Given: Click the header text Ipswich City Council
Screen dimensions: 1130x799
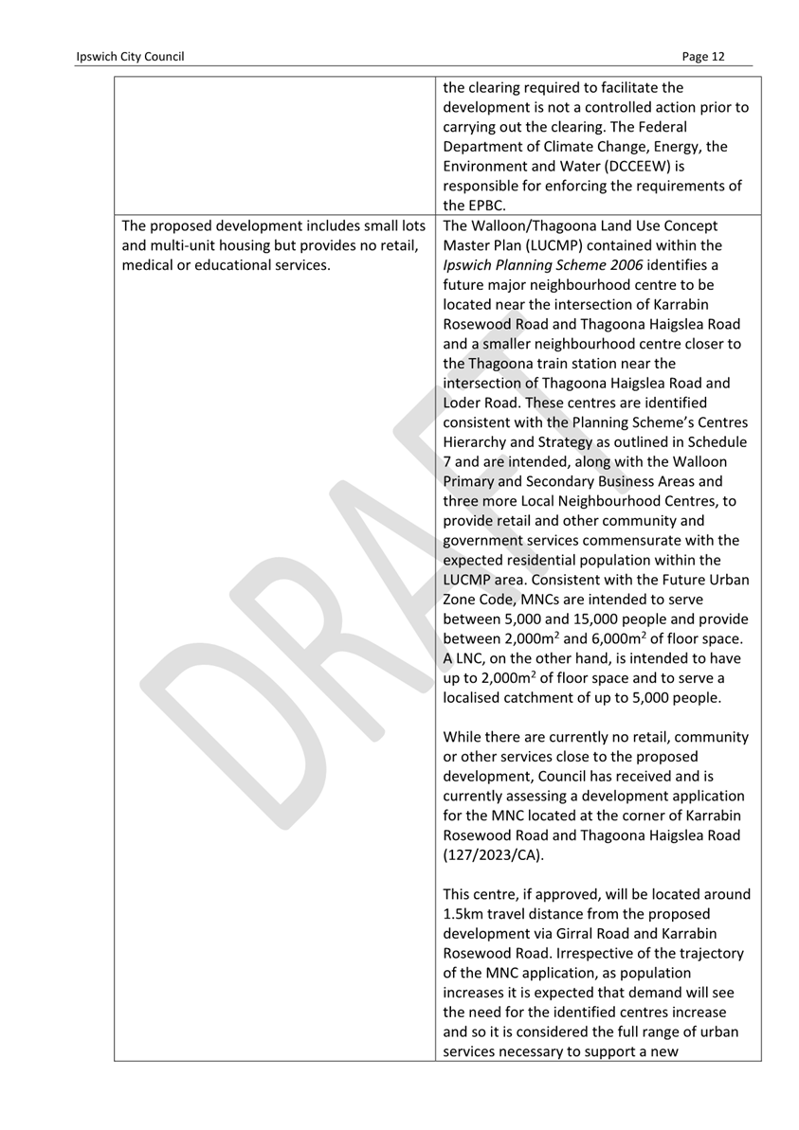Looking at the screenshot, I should (x=131, y=57).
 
